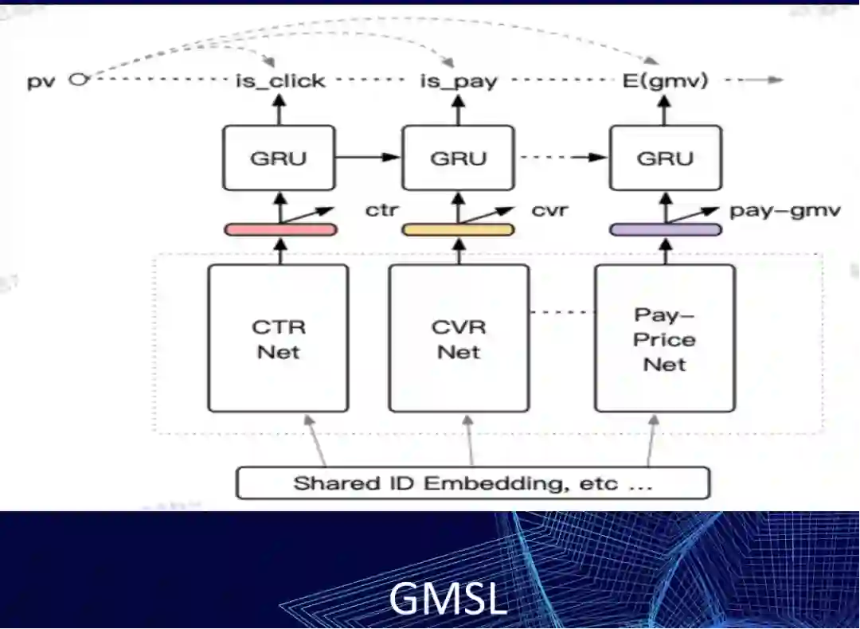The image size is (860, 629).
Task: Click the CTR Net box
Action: tap(278, 338)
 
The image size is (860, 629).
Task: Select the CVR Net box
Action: tap(459, 338)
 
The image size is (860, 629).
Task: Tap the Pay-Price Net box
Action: tap(665, 338)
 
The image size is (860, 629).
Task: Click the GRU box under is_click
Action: tap(278, 158)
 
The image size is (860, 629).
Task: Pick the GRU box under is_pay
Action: tap(458, 158)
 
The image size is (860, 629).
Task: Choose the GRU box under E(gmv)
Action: tap(665, 158)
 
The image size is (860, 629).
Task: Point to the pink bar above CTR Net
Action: tap(279, 229)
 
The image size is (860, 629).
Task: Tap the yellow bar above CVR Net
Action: tap(457, 229)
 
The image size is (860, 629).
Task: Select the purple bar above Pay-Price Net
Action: tap(666, 229)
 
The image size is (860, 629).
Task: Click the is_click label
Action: tap(279, 80)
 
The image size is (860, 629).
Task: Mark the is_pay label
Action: tap(459, 81)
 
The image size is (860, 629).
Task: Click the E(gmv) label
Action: tap(666, 80)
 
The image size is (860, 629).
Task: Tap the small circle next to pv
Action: tap(76, 79)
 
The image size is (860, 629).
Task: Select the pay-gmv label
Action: tap(784, 211)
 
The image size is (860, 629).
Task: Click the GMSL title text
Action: tap(448, 598)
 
